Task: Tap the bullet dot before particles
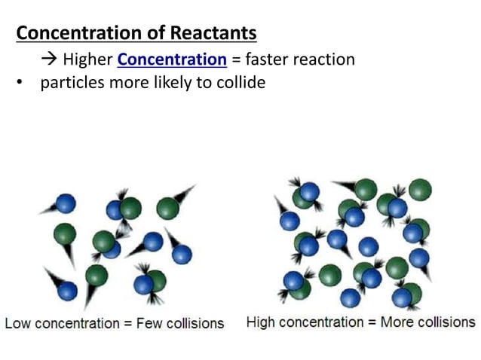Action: click(22, 83)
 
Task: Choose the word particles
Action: click(74, 83)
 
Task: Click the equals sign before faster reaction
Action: click(237, 59)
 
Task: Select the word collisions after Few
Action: click(195, 324)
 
